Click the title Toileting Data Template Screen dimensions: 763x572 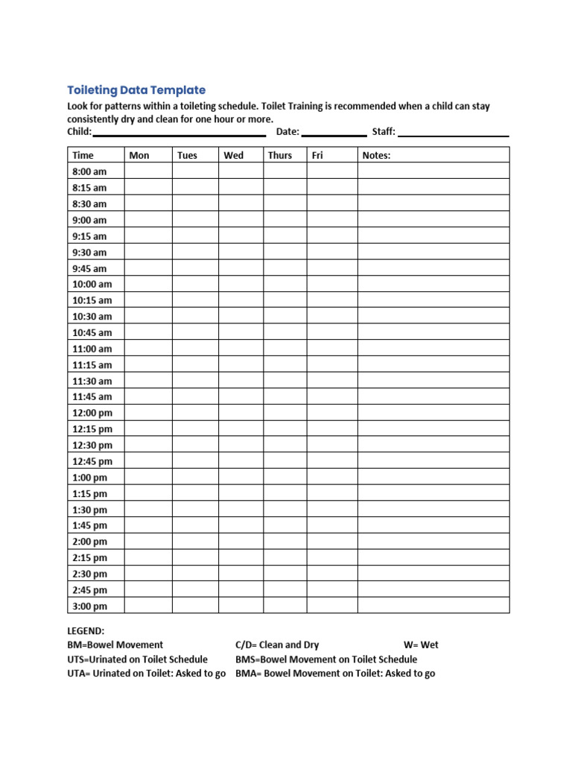coord(136,90)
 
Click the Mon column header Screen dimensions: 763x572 coord(139,155)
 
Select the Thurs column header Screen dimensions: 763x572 coord(280,155)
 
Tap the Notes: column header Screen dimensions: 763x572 coord(376,155)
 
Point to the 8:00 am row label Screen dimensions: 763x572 coord(89,171)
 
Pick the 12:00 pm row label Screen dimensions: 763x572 coord(92,413)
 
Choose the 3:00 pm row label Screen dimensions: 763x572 coord(90,606)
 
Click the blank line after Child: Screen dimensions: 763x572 coord(179,134)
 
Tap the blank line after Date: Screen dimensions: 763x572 coord(334,134)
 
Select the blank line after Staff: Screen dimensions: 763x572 coord(454,134)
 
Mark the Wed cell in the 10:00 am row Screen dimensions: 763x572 coord(241,284)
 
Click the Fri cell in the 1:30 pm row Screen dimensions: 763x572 coord(331,510)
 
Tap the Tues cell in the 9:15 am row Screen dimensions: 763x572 coord(195,235)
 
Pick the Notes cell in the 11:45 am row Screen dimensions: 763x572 coord(433,396)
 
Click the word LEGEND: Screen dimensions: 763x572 coord(86,630)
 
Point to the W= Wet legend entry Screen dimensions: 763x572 coord(421,645)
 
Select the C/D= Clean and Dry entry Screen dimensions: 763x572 coord(277,645)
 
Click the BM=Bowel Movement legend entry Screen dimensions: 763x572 coord(115,645)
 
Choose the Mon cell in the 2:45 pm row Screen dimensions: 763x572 coord(148,589)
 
